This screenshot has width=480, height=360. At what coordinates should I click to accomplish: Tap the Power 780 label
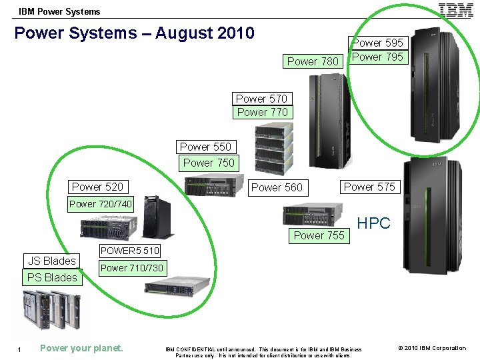point(313,61)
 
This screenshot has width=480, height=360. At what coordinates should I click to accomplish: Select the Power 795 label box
point(377,57)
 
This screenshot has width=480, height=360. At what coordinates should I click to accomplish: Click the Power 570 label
point(261,99)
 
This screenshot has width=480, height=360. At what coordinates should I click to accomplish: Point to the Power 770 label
point(263,112)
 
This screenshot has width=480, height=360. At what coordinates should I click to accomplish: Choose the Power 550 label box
point(205,147)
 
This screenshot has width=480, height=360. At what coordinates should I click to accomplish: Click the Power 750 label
point(209,163)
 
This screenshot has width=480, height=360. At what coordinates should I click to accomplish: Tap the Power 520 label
point(97,187)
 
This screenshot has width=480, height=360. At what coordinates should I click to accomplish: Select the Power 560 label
point(277,187)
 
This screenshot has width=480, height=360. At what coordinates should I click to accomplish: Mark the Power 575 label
point(369,187)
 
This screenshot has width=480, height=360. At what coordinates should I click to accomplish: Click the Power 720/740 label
point(101,204)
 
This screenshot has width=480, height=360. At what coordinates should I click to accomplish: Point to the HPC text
point(374,223)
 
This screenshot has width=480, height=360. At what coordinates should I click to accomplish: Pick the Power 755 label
point(319,235)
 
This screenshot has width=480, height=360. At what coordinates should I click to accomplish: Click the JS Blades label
point(51,261)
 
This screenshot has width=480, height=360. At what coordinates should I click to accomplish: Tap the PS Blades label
point(52,277)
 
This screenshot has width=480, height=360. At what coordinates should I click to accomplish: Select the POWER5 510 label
point(130,251)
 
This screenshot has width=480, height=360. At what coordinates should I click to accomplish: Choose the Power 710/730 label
point(131,268)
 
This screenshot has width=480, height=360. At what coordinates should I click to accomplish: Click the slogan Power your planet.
point(81,347)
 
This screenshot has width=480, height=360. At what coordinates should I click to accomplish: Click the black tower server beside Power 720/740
point(157,217)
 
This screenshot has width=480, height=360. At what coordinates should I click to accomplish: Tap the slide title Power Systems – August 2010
point(134,33)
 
